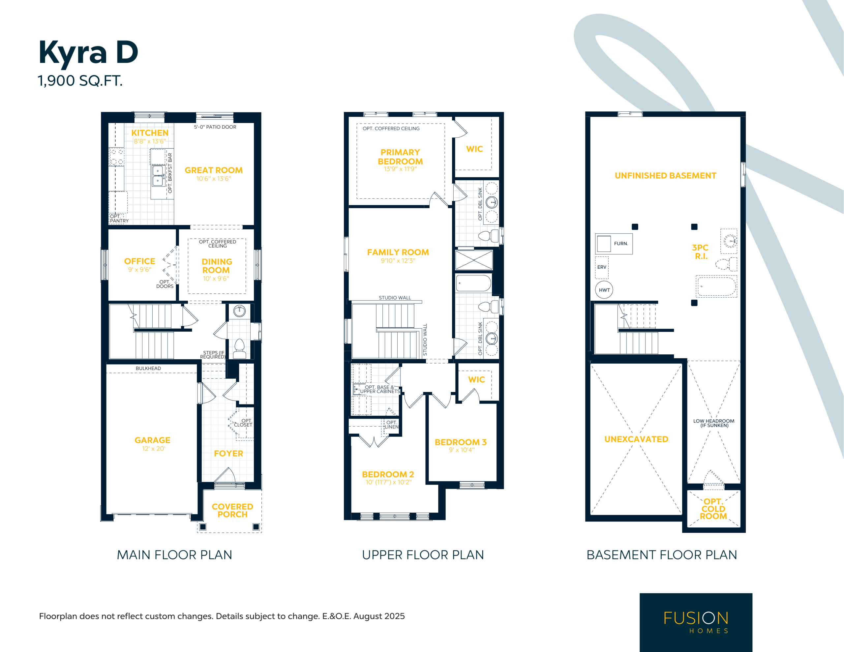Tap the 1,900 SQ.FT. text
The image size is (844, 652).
pyautogui.click(x=80, y=81)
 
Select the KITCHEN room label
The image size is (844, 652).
pyautogui.click(x=150, y=133)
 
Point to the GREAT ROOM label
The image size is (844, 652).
pyautogui.click(x=214, y=170)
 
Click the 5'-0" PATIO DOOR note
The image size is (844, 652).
pyautogui.click(x=215, y=127)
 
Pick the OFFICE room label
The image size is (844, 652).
pyautogui.click(x=139, y=261)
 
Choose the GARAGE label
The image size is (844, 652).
pyautogui.click(x=152, y=440)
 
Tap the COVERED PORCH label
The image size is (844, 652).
pyautogui.click(x=232, y=510)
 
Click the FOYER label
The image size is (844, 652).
pyautogui.click(x=228, y=453)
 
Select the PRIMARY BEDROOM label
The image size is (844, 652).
pyautogui.click(x=400, y=157)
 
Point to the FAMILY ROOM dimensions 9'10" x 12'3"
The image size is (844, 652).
pyautogui.click(x=398, y=260)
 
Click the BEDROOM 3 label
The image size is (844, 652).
pyautogui.click(x=461, y=442)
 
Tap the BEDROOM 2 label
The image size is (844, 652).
pyautogui.click(x=388, y=474)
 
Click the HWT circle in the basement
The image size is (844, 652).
pyautogui.click(x=604, y=290)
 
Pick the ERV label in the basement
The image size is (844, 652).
pyautogui.click(x=602, y=267)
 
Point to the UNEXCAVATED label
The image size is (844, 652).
pyautogui.click(x=636, y=439)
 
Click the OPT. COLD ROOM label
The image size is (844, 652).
pyautogui.click(x=713, y=509)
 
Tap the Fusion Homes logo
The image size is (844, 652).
pyautogui.click(x=696, y=622)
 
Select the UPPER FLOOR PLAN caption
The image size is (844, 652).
pyautogui.click(x=423, y=555)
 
